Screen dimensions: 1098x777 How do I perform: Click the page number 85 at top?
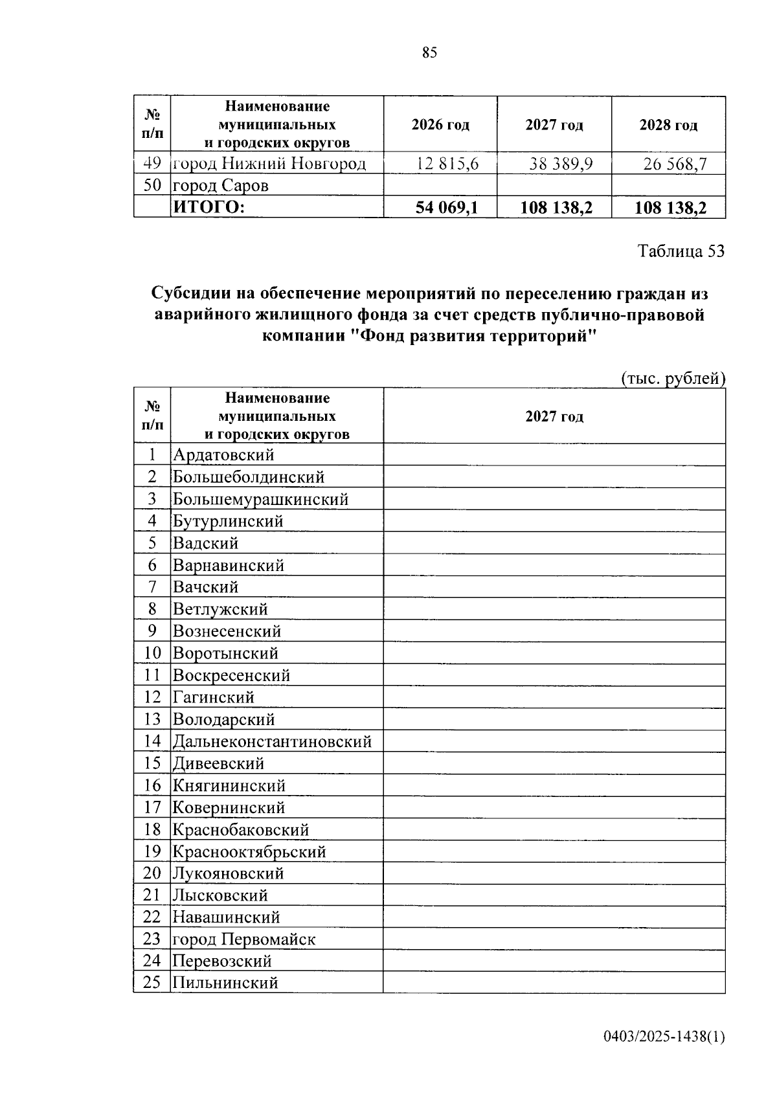[429, 53]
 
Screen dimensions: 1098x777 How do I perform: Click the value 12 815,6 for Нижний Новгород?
[447, 164]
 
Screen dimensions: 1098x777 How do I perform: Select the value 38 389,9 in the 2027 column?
[561, 164]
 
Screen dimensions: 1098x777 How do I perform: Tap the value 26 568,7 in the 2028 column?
[675, 164]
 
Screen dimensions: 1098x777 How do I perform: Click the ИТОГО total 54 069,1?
[447, 208]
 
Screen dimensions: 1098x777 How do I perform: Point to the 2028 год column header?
[668, 125]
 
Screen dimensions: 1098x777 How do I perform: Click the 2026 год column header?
[440, 125]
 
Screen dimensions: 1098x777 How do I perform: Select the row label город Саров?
[220, 186]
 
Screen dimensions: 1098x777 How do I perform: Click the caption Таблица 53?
[681, 251]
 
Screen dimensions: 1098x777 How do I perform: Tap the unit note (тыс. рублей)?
[673, 378]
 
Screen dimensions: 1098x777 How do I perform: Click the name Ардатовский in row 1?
[223, 455]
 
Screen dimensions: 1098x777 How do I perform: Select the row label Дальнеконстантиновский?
[272, 741]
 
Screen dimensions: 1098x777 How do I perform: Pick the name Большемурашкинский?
[260, 499]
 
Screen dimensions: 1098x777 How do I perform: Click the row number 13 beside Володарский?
[152, 719]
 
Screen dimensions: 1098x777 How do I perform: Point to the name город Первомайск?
[243, 939]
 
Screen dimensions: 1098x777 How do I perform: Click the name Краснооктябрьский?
[249, 851]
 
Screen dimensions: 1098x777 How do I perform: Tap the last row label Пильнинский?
[225, 983]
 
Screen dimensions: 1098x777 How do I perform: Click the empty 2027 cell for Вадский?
[554, 543]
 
